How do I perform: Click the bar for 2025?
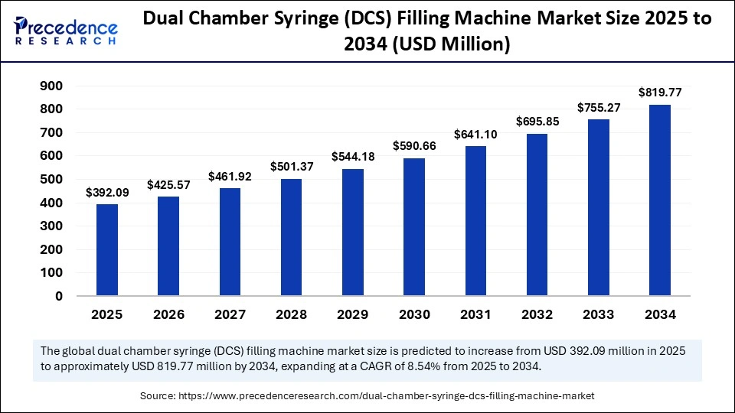click(x=107, y=249)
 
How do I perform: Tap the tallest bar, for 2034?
click(x=660, y=200)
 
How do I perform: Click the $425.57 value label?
click(x=168, y=184)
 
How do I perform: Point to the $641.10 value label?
click(x=475, y=134)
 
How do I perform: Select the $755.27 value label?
click(x=599, y=107)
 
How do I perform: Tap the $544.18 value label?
click(x=353, y=157)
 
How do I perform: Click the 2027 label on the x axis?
click(x=230, y=314)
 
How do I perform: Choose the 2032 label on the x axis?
click(x=537, y=314)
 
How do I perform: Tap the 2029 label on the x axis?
click(x=353, y=314)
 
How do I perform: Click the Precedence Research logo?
click(x=66, y=32)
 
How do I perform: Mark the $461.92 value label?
click(x=230, y=176)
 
